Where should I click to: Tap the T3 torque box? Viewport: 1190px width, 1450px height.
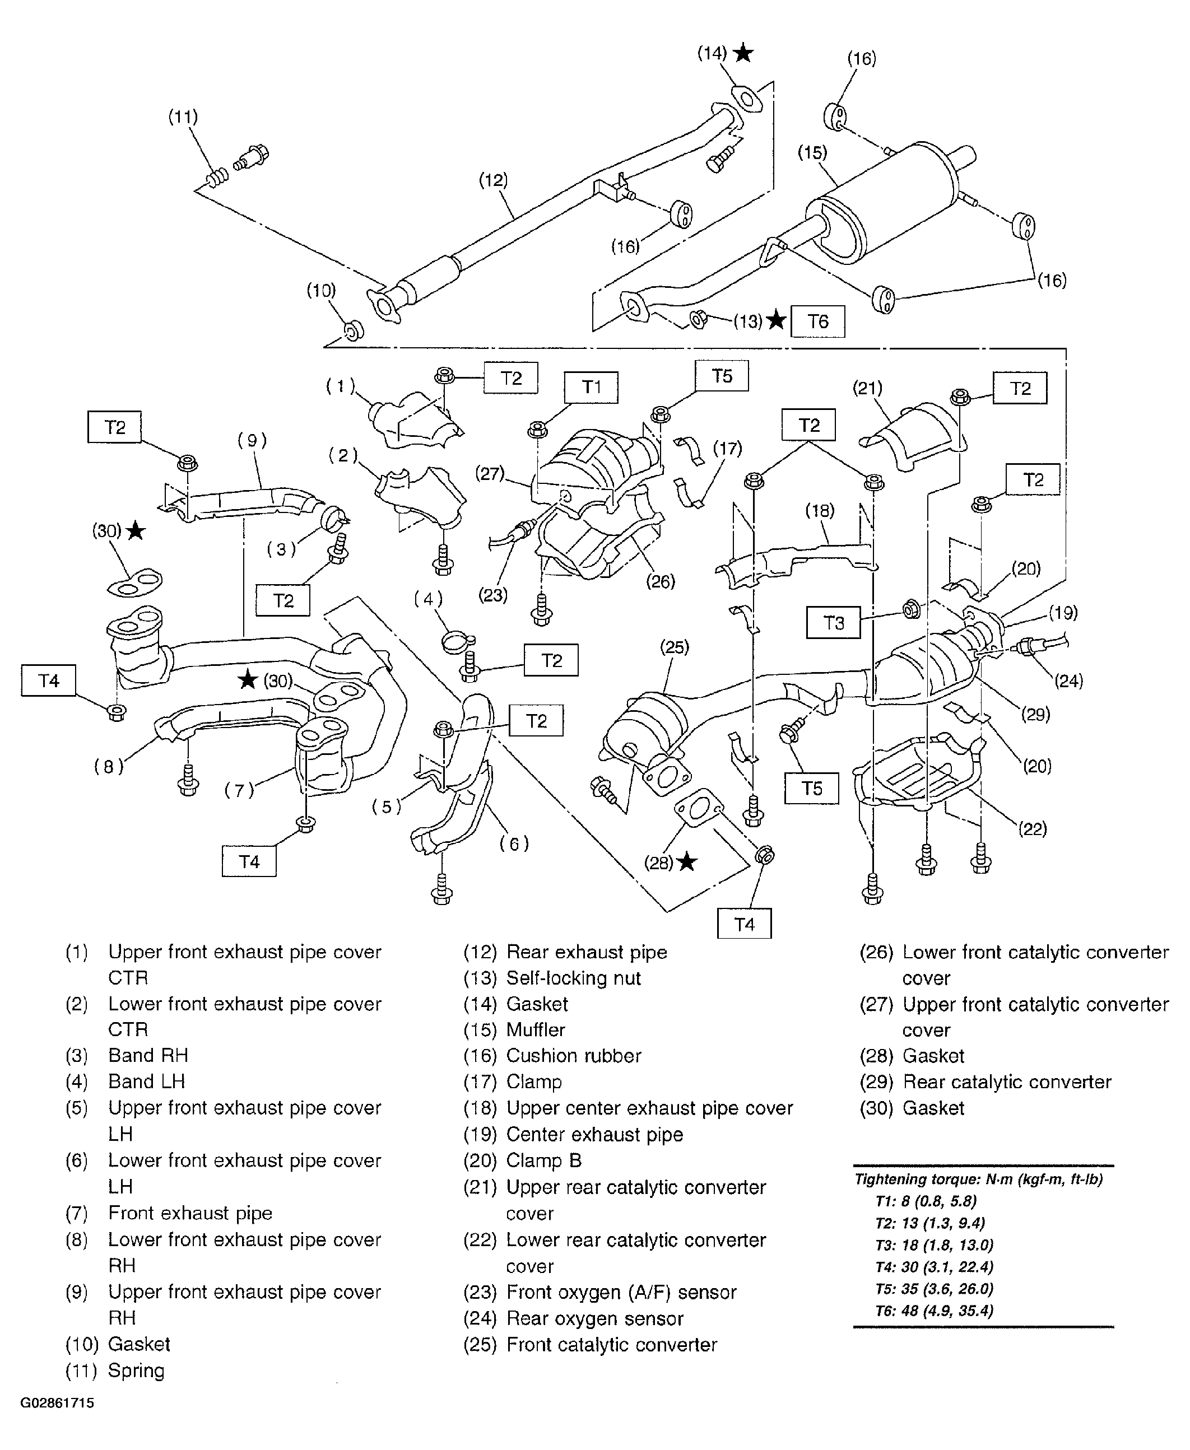833,623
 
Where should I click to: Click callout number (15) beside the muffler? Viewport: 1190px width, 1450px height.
812,152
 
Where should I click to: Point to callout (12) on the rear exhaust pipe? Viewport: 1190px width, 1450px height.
493,180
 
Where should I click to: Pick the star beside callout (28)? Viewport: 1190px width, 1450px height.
686,862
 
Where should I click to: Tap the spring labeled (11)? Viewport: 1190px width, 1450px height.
217,178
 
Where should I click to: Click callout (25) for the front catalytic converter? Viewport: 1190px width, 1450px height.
674,647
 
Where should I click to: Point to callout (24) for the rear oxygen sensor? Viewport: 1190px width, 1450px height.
1068,680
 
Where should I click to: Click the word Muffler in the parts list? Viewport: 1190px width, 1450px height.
536,1030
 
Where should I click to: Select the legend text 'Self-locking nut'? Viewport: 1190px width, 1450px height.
573,978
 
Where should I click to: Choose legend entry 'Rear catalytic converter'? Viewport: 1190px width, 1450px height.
1006,1082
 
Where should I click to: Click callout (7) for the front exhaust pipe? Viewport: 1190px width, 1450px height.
239,790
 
